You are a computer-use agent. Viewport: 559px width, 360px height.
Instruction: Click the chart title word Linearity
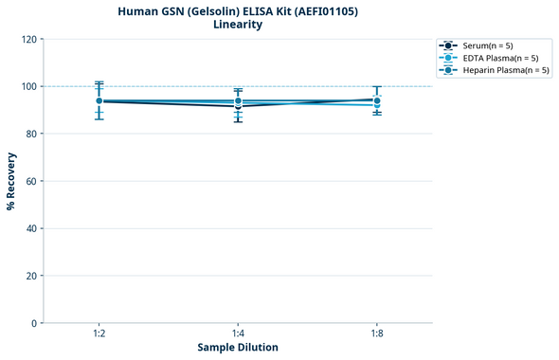(x=238, y=25)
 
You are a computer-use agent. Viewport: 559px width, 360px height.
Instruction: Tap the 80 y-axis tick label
(x=30, y=134)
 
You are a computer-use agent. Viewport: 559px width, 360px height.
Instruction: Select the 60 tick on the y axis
(x=30, y=181)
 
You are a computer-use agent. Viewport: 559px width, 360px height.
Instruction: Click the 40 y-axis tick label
(x=30, y=228)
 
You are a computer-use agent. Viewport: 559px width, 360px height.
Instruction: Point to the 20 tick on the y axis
(x=30, y=276)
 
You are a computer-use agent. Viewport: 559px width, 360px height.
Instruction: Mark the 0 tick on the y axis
(x=33, y=323)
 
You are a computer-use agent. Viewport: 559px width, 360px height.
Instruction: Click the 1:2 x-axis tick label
(x=99, y=334)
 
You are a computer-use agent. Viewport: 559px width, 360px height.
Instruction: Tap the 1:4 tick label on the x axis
(x=238, y=334)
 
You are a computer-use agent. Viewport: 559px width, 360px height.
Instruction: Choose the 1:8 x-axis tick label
(x=377, y=334)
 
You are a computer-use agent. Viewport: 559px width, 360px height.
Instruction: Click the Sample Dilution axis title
(x=238, y=348)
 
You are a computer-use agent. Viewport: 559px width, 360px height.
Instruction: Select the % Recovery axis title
(x=11, y=181)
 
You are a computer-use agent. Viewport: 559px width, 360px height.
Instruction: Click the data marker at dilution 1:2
(x=99, y=101)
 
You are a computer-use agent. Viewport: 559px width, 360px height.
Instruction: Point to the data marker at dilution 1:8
(x=377, y=100)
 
